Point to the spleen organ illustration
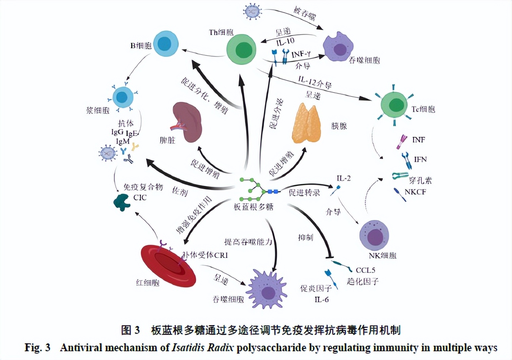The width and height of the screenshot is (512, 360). click(x=188, y=122)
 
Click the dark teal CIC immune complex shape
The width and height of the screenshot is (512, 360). click(x=121, y=201)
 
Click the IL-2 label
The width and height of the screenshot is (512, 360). click(x=343, y=178)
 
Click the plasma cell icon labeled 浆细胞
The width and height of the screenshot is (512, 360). click(x=121, y=97)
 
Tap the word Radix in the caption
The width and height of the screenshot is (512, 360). click(x=220, y=348)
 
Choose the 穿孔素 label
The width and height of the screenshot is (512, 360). click(x=421, y=180)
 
